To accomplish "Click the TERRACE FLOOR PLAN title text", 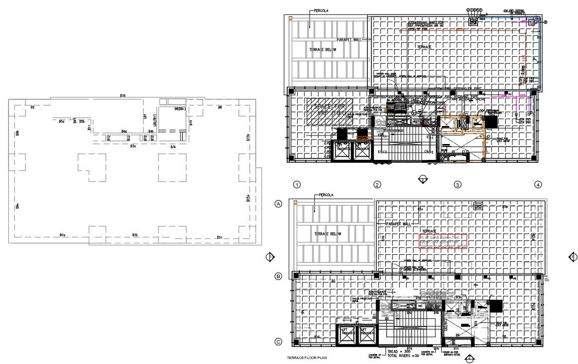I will click(307, 358).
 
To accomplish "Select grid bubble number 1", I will click(297, 185).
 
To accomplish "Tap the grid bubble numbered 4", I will click(538, 185).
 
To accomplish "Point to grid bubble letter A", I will click(279, 204).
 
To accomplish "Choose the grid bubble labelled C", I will click(279, 342).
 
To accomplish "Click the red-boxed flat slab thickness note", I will click(443, 242).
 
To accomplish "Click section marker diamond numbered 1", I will click(270, 257).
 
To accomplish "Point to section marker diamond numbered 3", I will click(573, 257).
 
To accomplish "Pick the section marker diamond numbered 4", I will click(468, 358).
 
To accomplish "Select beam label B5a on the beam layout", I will click(62, 121).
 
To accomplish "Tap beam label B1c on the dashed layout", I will click(219, 237).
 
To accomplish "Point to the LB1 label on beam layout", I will click(145, 117).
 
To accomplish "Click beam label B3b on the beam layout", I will click(173, 147).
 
